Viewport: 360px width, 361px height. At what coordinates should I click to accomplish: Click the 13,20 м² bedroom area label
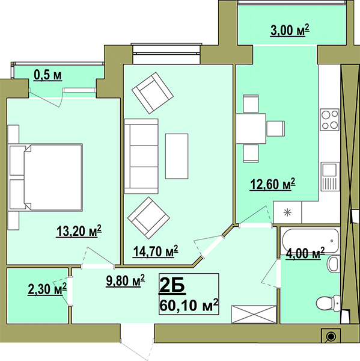(79, 231)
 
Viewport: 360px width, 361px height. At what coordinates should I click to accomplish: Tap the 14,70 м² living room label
(156, 251)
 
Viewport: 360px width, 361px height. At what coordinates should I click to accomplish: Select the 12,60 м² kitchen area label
(273, 184)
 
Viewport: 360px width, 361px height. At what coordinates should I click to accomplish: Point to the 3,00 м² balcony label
(290, 30)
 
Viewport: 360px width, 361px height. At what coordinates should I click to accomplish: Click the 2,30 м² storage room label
(47, 289)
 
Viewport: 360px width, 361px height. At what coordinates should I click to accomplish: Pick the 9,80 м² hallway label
(126, 280)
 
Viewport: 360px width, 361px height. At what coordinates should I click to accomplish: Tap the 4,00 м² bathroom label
(305, 253)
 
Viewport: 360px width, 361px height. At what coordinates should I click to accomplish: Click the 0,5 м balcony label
(48, 75)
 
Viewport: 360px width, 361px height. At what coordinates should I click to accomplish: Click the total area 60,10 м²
(189, 305)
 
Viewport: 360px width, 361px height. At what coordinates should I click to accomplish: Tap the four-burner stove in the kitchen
(329, 120)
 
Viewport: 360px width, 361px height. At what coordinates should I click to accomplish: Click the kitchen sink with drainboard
(331, 176)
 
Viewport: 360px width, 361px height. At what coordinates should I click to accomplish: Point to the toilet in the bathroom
(328, 303)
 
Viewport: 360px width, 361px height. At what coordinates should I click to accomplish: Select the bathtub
(310, 241)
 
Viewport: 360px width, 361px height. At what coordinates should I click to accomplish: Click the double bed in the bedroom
(45, 177)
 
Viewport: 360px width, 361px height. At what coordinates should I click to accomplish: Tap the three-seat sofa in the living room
(141, 156)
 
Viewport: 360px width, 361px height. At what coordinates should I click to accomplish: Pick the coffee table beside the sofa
(177, 156)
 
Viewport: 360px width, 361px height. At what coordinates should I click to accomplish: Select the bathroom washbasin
(334, 264)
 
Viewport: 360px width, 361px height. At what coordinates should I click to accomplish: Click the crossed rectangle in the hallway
(254, 314)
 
